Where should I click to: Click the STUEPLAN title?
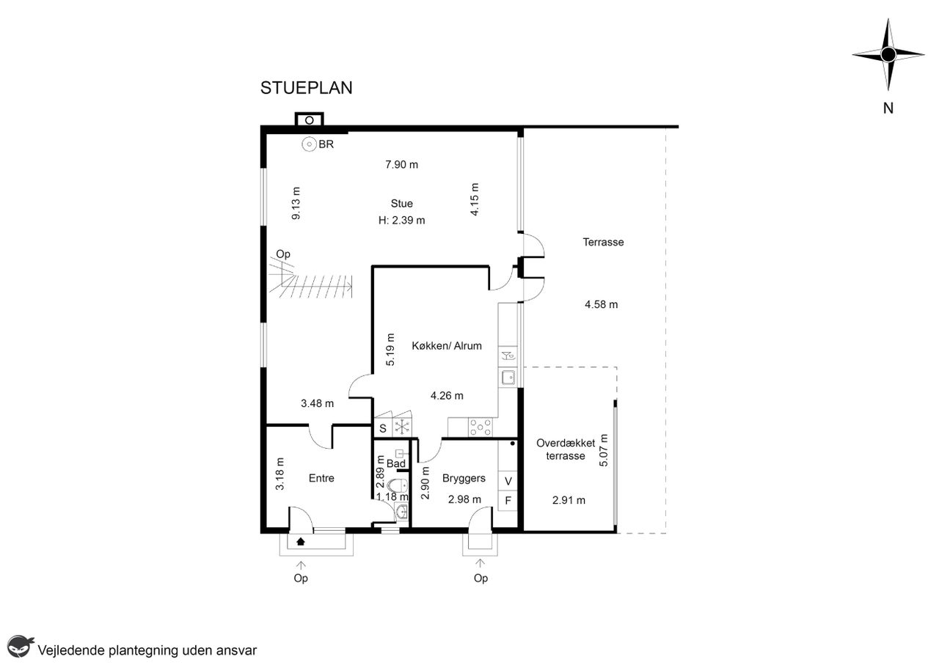pyautogui.click(x=306, y=88)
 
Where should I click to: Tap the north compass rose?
pyautogui.click(x=888, y=54)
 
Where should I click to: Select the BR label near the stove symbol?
pyautogui.click(x=326, y=144)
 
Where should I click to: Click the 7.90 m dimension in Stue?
pyautogui.click(x=401, y=165)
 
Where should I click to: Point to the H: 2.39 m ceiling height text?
pyautogui.click(x=401, y=221)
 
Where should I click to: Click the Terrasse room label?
pyautogui.click(x=603, y=242)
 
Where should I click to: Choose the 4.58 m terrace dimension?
pyautogui.click(x=601, y=304)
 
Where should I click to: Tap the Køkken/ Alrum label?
pyautogui.click(x=447, y=346)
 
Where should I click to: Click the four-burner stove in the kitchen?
pyautogui.click(x=481, y=427)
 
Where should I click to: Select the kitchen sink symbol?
pyautogui.click(x=508, y=377)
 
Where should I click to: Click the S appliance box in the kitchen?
pyautogui.click(x=383, y=428)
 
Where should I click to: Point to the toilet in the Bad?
pyautogui.click(x=398, y=485)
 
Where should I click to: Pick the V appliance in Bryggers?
pyautogui.click(x=508, y=481)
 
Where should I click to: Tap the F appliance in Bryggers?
pyautogui.click(x=508, y=500)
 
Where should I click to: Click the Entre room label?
pyautogui.click(x=321, y=478)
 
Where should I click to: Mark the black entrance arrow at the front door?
pyautogui.click(x=301, y=541)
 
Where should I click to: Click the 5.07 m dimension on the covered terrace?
pyautogui.click(x=603, y=450)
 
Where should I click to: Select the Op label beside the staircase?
pyautogui.click(x=283, y=254)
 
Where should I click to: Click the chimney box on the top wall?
pyautogui.click(x=310, y=120)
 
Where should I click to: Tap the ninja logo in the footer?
pyautogui.click(x=20, y=647)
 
